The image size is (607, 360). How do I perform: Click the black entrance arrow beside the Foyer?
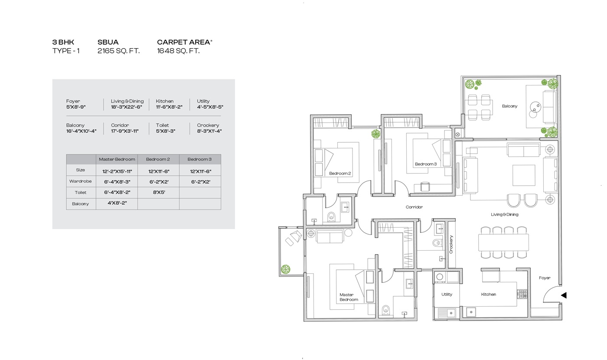pos(564,295)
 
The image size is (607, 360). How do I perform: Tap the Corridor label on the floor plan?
pos(414,207)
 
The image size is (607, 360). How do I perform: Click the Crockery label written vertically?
pos(451,245)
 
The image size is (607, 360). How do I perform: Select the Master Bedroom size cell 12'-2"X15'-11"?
pos(117,171)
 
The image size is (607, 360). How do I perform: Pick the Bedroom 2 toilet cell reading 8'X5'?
pos(159,192)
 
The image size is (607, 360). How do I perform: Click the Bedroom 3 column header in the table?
pos(199,159)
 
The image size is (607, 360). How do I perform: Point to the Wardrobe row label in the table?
pos(81,181)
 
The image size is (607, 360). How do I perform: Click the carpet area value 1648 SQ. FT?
pos(178,51)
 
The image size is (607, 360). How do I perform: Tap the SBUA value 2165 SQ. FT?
pos(119,51)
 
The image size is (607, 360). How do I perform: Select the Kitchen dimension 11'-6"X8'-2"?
pos(169,107)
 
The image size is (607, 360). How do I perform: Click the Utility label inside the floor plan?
pos(447,295)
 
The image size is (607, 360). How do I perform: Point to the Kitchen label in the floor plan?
pos(489,295)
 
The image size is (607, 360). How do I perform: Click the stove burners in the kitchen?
pos(522,294)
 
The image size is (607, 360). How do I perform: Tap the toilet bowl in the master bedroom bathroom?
pos(385,310)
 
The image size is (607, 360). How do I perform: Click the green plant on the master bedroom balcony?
pos(285,269)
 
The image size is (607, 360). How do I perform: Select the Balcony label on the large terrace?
pos(509,106)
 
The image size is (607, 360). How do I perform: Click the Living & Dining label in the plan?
pos(505,214)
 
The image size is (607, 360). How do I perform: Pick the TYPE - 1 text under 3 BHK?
pos(66,51)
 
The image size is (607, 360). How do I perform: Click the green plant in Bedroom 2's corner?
pos(376,134)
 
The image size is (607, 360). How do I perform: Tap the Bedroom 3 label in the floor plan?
pos(426,164)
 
